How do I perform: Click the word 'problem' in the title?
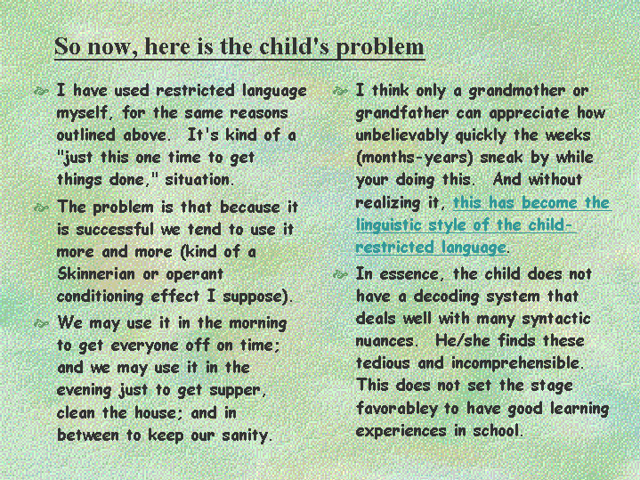coord(380,47)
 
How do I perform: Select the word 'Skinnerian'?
coord(96,273)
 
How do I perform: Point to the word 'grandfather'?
coord(402,114)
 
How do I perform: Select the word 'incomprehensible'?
coord(517,362)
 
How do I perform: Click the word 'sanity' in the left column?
coord(247,435)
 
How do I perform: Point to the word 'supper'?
coord(238,391)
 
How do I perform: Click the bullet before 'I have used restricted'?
coord(41,91)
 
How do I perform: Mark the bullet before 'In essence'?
coord(340,274)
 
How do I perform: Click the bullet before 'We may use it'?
coord(41,324)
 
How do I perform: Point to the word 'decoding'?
coord(446,297)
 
